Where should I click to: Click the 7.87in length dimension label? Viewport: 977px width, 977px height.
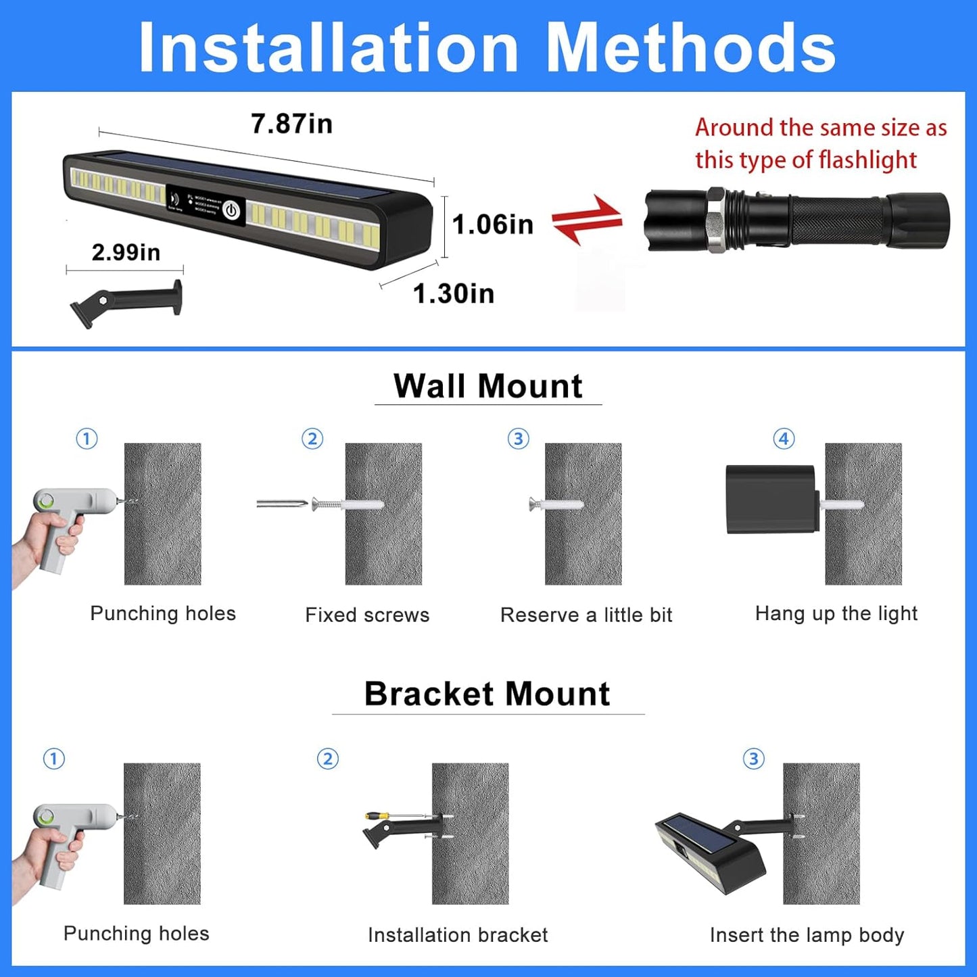(291, 124)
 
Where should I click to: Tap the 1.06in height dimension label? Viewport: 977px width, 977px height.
(492, 224)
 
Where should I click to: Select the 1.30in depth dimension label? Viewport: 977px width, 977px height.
(454, 293)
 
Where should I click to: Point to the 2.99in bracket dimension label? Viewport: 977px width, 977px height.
(126, 252)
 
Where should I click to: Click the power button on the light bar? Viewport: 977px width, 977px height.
(232, 210)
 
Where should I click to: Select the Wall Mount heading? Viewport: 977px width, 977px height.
(487, 386)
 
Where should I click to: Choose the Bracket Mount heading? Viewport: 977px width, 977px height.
(487, 694)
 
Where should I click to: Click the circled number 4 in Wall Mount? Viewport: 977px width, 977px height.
(784, 439)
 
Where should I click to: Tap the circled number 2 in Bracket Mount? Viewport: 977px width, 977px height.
(328, 759)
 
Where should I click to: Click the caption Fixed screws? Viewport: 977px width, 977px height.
(367, 615)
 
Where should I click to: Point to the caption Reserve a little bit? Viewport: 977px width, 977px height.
(586, 615)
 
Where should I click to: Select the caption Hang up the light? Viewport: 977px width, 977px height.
(836, 613)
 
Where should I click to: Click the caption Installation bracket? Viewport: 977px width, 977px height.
(458, 934)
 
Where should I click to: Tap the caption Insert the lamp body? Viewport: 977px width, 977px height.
(807, 934)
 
